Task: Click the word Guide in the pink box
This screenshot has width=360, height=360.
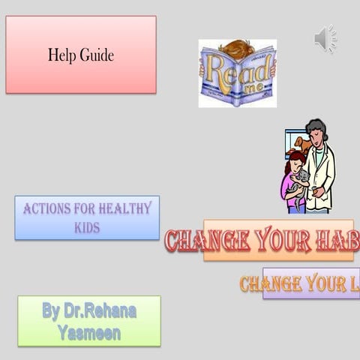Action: [97, 55]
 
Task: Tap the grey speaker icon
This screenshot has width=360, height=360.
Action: [325, 38]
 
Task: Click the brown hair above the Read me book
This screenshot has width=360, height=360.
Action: [236, 47]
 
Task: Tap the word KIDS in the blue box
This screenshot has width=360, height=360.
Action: [86, 227]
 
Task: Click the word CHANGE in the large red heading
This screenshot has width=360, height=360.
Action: [207, 241]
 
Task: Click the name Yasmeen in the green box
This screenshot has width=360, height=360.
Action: [88, 332]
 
